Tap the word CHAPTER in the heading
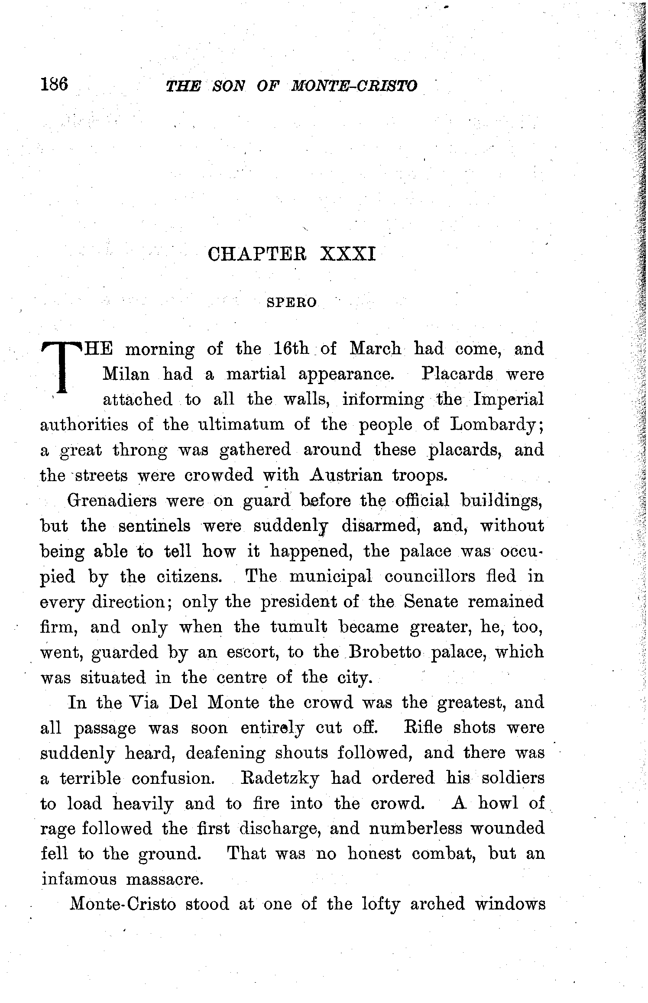click(257, 254)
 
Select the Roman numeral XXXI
click(347, 254)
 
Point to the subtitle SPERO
click(292, 302)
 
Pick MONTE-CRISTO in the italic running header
click(354, 86)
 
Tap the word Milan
click(126, 374)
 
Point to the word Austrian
click(346, 476)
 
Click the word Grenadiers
click(114, 501)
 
